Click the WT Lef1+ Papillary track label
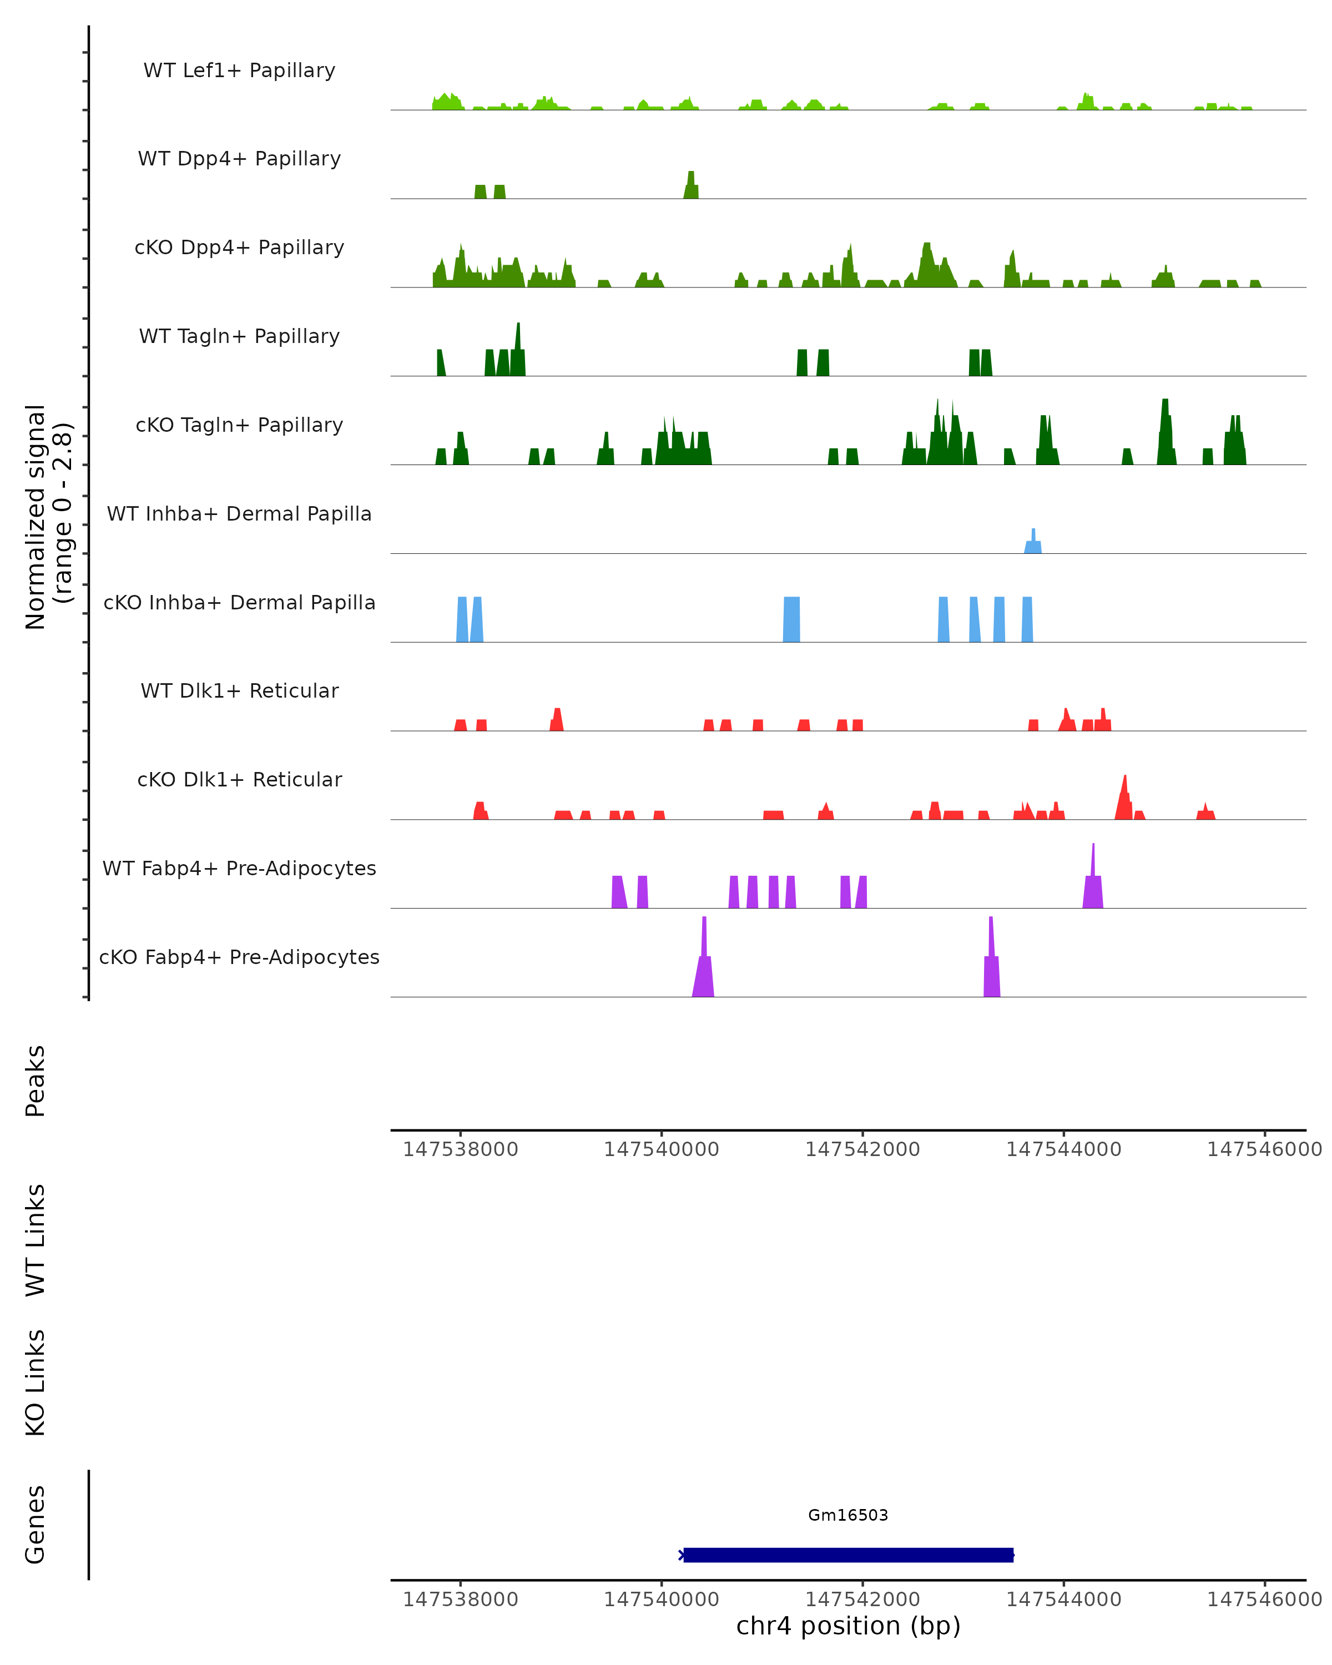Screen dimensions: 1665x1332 click(x=239, y=70)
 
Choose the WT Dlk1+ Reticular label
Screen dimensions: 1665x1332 click(x=239, y=690)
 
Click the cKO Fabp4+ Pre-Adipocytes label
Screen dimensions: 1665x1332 click(x=239, y=957)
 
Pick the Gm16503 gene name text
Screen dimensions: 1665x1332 click(x=848, y=1515)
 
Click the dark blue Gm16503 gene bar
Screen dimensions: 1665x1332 click(x=848, y=1555)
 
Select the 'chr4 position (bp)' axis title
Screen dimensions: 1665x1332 click(x=848, y=1626)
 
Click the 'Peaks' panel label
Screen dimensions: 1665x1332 click(x=36, y=1081)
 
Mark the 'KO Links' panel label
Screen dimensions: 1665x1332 click(x=36, y=1383)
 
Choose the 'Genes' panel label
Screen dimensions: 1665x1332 click(x=36, y=1525)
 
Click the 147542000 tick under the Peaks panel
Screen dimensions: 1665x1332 click(x=862, y=1149)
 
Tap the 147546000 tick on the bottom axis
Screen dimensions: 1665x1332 click(x=1264, y=1600)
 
